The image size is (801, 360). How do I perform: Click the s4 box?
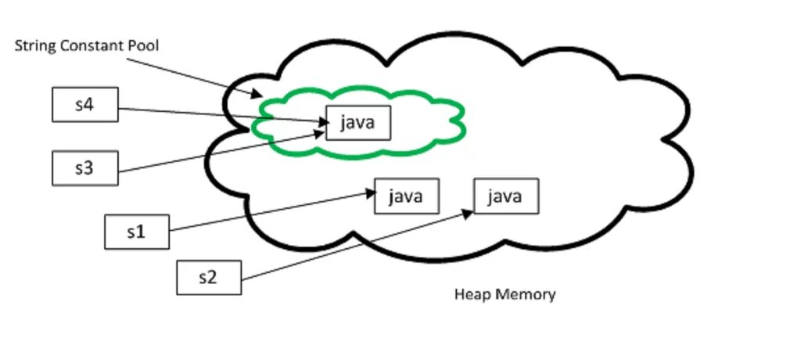(85, 105)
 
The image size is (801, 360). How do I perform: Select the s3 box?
(85, 168)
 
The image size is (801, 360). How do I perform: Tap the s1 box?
(137, 232)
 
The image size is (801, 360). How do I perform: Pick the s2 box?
(209, 278)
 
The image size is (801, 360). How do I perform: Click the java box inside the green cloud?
(358, 123)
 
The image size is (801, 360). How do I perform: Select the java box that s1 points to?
(407, 196)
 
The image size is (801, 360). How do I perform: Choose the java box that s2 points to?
(506, 196)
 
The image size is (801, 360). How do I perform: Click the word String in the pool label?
(36, 46)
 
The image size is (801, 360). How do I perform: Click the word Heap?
(469, 295)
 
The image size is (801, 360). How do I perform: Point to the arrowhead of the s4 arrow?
(324, 122)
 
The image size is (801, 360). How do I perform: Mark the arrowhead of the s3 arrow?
(319, 134)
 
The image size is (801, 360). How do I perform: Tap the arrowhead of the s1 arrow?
(370, 193)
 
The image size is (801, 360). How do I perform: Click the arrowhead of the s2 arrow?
(468, 213)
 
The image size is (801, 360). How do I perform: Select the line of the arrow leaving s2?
(357, 246)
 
